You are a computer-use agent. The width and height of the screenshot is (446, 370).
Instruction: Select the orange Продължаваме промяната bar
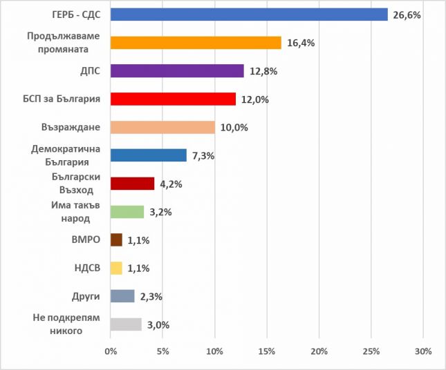(196, 43)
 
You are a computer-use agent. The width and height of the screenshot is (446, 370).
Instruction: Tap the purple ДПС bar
(177, 71)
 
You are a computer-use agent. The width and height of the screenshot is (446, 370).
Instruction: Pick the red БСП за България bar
(173, 99)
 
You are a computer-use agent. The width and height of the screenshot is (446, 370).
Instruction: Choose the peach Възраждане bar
(162, 128)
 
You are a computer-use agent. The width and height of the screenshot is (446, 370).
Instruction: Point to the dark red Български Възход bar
(132, 184)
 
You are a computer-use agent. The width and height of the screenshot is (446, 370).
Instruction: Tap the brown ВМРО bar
(116, 240)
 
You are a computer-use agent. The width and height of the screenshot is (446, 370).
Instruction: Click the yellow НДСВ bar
(116, 268)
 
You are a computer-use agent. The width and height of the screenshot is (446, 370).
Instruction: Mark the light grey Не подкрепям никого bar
(126, 324)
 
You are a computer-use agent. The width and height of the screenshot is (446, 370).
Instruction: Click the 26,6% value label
(407, 14)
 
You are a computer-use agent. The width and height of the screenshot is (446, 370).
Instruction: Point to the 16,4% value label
(301, 43)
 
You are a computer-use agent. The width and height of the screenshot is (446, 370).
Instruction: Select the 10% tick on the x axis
(214, 351)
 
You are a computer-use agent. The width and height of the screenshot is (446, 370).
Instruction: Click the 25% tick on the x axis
(371, 351)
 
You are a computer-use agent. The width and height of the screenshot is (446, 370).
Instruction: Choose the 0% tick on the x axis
(111, 351)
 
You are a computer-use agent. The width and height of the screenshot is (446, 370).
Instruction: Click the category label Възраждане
(72, 128)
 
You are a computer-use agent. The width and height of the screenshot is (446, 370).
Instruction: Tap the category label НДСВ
(87, 269)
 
